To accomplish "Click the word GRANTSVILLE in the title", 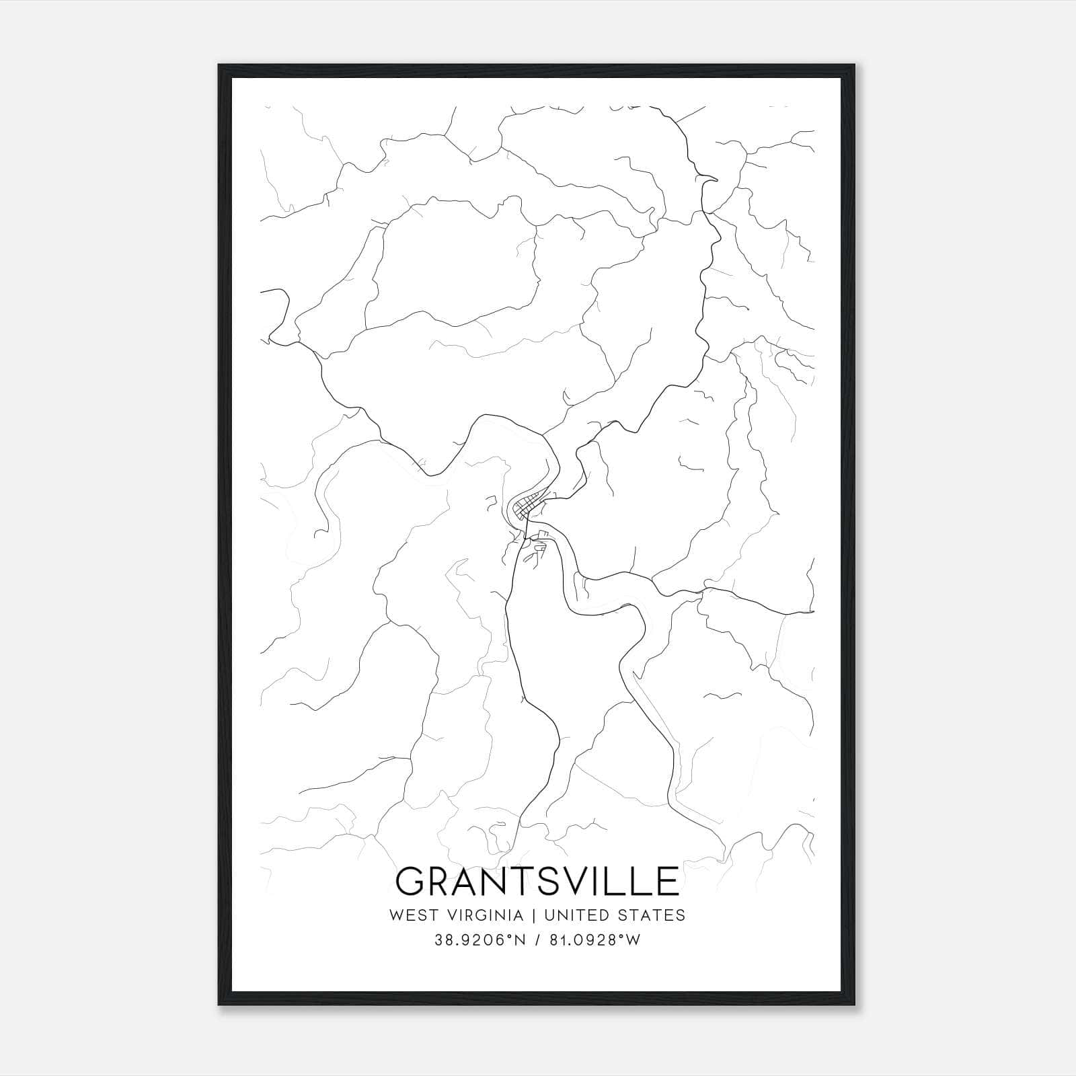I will [537, 882].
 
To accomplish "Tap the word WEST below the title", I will [410, 915].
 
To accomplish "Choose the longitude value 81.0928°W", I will [592, 940].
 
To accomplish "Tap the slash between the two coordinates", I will [535, 940].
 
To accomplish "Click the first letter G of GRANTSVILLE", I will [412, 882].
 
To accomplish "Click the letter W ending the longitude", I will [633, 940].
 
